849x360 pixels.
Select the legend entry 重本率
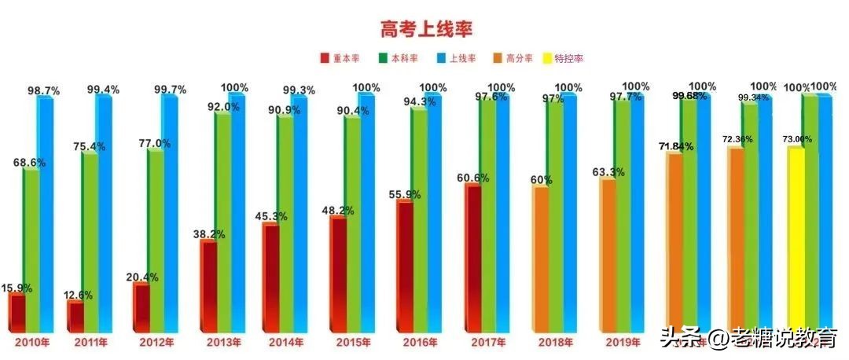pos(339,59)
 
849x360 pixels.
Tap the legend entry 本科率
pos(398,59)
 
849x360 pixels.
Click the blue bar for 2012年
pos(169,212)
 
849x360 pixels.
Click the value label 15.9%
pos(17,288)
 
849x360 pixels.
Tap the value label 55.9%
pos(404,194)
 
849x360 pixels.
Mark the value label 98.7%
pos(43,92)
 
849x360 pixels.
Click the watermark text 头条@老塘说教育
pos(748,339)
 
